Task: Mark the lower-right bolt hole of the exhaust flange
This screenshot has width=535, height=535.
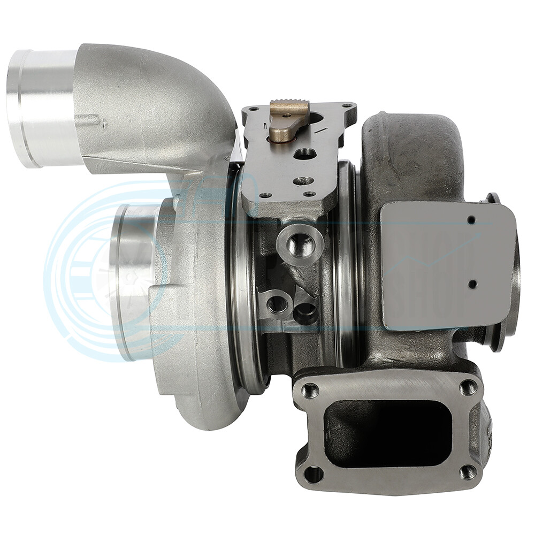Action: [x=468, y=471]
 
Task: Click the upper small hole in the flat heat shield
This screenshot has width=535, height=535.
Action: [x=471, y=219]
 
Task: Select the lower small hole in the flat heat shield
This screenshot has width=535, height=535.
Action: [x=472, y=284]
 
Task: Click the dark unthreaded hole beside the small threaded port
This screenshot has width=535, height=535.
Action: [x=305, y=312]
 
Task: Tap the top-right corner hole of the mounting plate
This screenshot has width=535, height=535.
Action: [x=347, y=107]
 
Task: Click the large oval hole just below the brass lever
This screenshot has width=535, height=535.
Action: [x=305, y=154]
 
